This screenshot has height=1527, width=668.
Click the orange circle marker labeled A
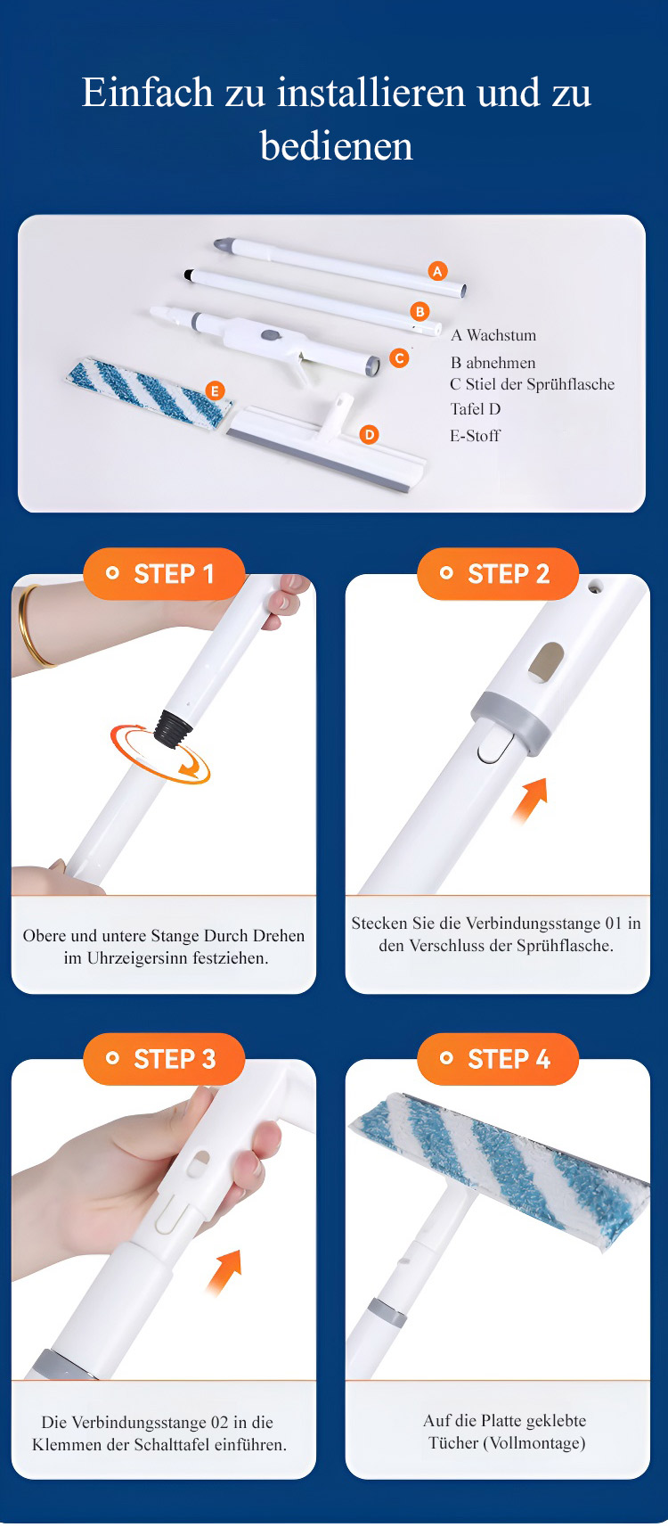[x=438, y=271]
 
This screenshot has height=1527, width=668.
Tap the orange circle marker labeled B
[x=420, y=311]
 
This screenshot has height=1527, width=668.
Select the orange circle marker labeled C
[x=399, y=357]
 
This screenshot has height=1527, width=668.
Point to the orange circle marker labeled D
[x=369, y=434]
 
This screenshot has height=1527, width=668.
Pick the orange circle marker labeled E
[x=216, y=390]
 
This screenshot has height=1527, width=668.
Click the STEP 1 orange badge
[x=163, y=574]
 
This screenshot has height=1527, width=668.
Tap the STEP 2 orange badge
[x=498, y=574]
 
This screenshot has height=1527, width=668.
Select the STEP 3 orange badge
[x=163, y=1059]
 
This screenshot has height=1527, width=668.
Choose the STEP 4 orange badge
[x=498, y=1059]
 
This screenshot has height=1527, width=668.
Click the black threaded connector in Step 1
[x=173, y=729]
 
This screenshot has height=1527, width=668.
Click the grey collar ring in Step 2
[x=510, y=723]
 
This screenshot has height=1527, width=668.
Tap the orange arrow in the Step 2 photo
[x=530, y=799]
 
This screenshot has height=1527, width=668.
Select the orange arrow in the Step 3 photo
[x=224, y=1272]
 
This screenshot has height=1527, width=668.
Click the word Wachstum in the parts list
[x=501, y=335]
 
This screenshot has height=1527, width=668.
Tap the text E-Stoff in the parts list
[x=475, y=436]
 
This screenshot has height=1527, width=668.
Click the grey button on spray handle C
[x=271, y=335]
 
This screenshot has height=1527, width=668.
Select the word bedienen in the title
[x=337, y=146]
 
